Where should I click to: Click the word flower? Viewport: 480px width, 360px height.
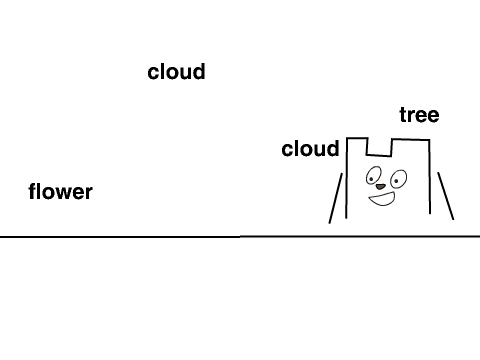click(60, 192)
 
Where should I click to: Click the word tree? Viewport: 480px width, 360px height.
click(419, 115)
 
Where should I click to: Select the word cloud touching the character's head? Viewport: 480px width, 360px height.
click(310, 149)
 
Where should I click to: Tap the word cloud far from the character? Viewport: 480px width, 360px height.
click(176, 72)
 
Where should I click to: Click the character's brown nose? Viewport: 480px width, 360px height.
click(380, 187)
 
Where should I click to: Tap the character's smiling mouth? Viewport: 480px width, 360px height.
click(382, 199)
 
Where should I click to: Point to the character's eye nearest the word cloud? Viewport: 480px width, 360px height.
click(373, 176)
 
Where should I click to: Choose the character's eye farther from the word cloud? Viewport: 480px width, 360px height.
click(398, 179)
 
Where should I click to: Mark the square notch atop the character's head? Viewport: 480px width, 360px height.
click(379, 155)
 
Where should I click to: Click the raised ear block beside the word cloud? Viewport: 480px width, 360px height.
click(357, 138)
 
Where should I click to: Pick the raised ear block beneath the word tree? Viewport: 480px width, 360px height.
click(411, 140)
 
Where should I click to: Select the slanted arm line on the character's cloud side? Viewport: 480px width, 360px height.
click(336, 198)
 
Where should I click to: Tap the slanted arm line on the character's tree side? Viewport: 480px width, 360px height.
click(446, 196)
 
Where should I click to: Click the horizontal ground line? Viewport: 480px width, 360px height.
click(240, 236)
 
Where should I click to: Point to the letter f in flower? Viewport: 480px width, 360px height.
click(33, 192)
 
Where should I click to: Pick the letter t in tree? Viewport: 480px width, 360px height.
click(403, 115)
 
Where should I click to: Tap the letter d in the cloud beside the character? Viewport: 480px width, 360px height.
click(333, 149)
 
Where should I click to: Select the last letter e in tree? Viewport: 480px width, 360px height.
click(433, 117)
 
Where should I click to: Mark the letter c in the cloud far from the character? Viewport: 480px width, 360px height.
click(153, 74)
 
